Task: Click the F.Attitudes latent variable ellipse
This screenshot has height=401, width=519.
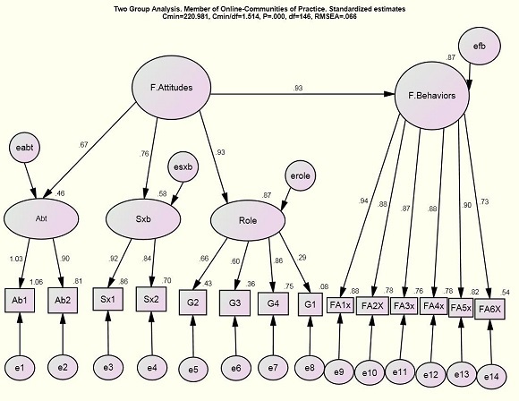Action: coord(171,88)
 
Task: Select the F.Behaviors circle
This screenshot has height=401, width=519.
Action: coord(432,96)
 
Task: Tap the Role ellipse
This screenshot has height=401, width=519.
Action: coord(248,220)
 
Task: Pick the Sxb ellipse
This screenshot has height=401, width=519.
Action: coord(143,219)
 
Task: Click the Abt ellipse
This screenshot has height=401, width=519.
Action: coord(41,218)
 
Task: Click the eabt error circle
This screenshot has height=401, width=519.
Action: coord(24,148)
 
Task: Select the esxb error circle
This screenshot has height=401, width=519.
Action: coord(183,166)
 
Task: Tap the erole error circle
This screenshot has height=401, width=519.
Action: coord(300,175)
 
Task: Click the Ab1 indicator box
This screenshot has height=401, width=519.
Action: coord(20,301)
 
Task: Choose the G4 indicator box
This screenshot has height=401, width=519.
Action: coord(273,303)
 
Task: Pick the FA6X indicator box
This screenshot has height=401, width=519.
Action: coord(489,309)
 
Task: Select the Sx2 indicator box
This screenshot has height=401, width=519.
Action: coord(151,299)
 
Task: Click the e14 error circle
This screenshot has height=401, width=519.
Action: coord(491,377)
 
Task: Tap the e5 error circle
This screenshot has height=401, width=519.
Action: coord(193,369)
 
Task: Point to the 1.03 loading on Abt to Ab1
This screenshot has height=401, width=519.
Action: coord(16,259)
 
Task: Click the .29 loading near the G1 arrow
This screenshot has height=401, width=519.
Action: coord(302,257)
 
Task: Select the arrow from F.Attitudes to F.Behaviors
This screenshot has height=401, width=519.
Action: coord(302,94)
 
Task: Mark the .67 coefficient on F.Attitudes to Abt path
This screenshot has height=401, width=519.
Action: coord(84,145)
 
